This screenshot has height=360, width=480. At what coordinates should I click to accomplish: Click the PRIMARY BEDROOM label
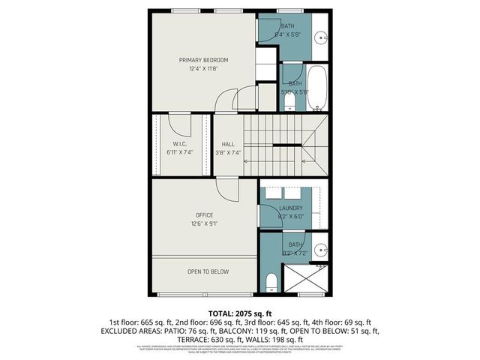203,59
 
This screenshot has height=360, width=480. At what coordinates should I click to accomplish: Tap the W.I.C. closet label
179,144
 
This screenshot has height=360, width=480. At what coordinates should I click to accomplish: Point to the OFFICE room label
203,215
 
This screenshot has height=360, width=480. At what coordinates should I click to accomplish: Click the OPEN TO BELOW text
208,271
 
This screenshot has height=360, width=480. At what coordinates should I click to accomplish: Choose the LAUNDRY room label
290,208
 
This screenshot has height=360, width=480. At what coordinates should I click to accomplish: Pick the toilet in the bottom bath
271,282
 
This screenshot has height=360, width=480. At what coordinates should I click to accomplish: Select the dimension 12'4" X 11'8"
203,69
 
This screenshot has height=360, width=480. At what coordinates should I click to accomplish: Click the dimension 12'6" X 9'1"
203,224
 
